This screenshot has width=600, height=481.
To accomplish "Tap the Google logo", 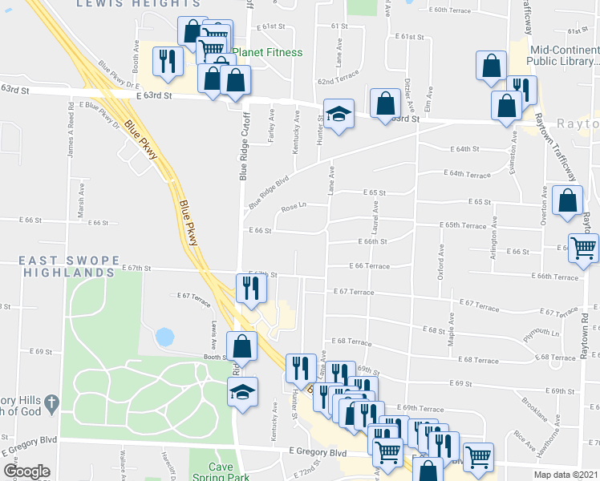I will pyautogui.click(x=26, y=471).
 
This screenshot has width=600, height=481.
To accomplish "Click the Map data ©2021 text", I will pyautogui.click(x=566, y=475).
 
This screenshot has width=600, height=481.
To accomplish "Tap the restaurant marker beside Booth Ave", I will pyautogui.click(x=167, y=61).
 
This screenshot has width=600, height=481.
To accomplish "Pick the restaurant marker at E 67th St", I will pyautogui.click(x=250, y=288).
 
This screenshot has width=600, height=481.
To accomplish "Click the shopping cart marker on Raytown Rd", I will pyautogui.click(x=583, y=247).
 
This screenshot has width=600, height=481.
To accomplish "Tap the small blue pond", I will pyautogui.click(x=164, y=337).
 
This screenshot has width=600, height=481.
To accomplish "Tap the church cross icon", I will pyautogui.click(x=50, y=401).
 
